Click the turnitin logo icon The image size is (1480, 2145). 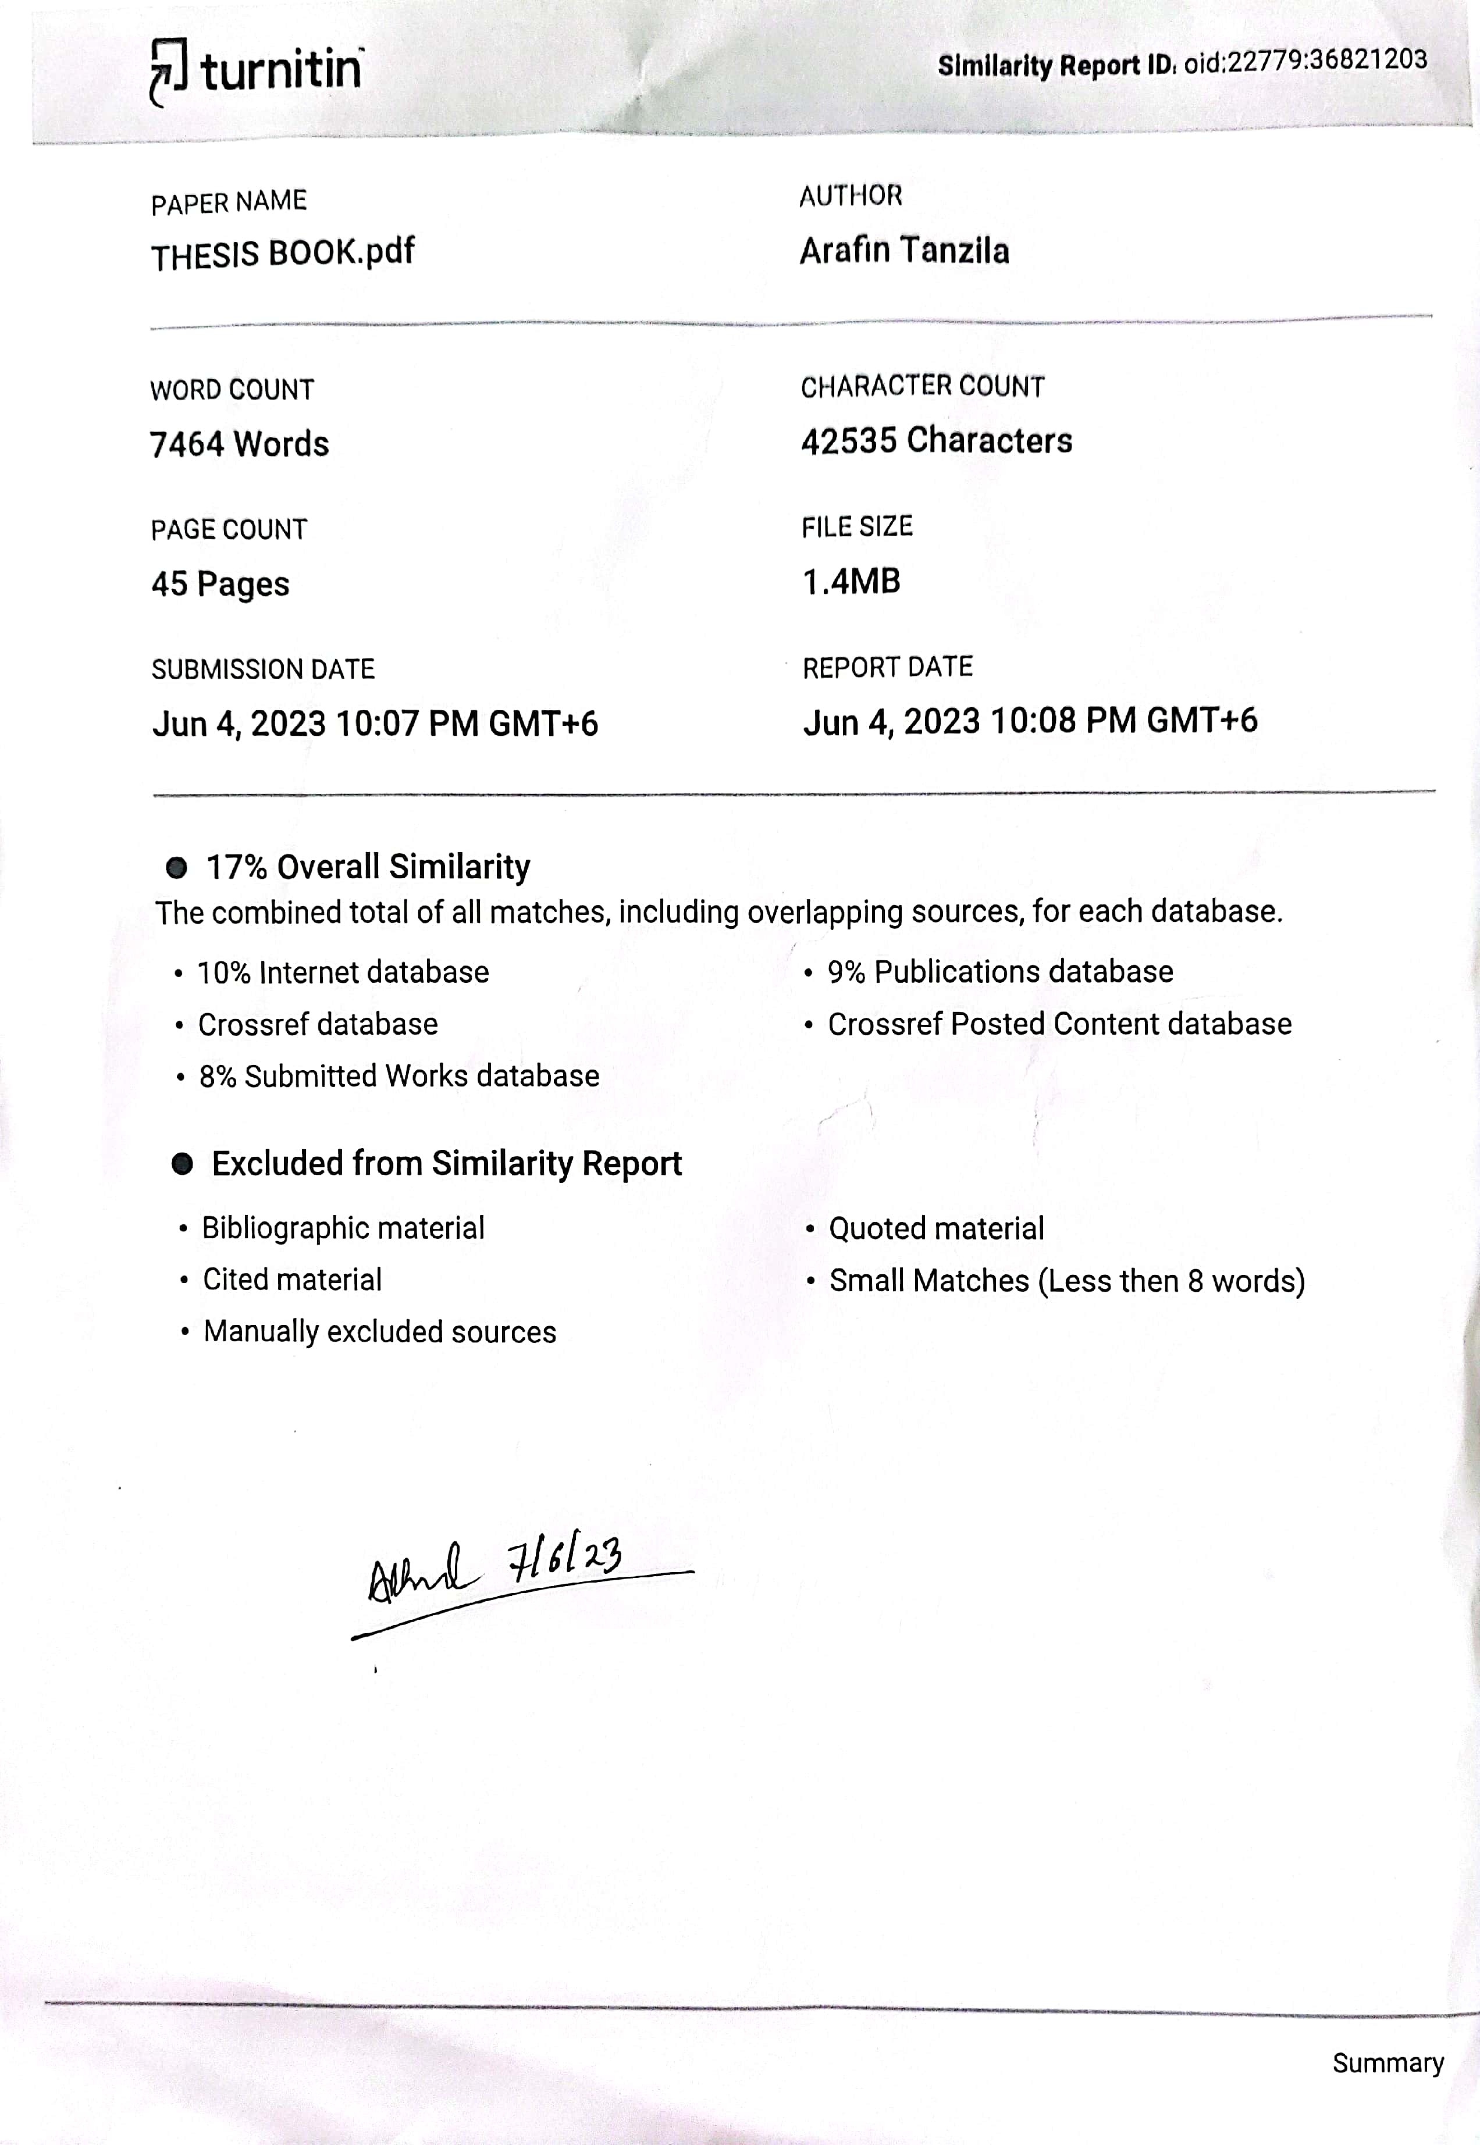(168, 72)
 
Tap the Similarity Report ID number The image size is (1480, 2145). (1305, 61)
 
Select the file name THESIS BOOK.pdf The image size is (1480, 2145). (283, 253)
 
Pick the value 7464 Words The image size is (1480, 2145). (239, 444)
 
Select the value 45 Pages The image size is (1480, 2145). (220, 584)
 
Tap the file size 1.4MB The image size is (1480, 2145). (851, 581)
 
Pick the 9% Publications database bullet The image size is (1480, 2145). (999, 971)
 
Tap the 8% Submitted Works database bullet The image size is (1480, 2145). (399, 1076)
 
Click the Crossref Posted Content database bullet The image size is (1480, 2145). (1059, 1024)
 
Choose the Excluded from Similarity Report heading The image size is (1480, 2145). (446, 1163)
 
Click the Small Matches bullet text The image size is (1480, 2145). (1066, 1281)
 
